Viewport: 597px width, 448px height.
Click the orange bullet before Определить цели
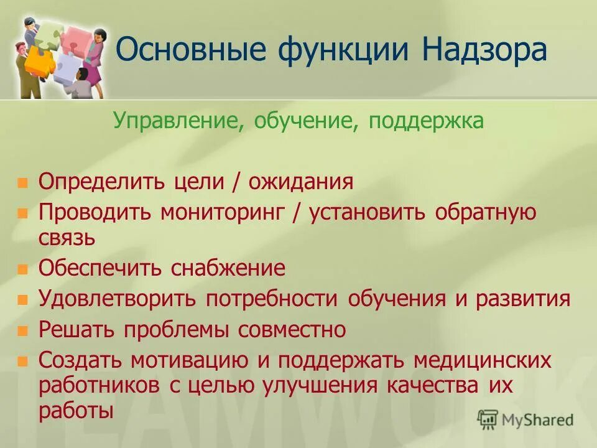tap(23, 183)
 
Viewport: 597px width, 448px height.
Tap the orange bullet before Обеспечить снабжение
tap(23, 269)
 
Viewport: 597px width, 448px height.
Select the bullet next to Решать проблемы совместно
tap(23, 330)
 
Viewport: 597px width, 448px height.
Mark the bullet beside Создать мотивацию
tap(23, 360)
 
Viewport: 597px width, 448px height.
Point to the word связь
tap(67, 237)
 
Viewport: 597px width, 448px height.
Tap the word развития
tap(522, 299)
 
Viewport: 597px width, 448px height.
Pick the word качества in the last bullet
tap(433, 385)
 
